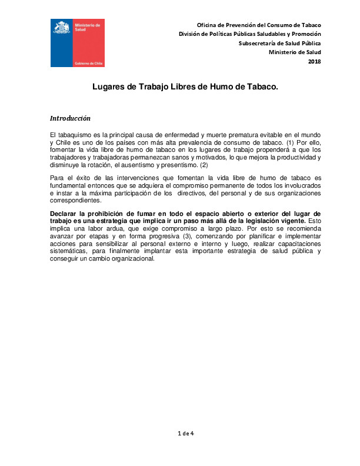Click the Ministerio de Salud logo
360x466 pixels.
pos(77,42)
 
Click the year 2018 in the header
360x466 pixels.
pos(315,61)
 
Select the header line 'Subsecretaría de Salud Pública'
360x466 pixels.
pos(279,44)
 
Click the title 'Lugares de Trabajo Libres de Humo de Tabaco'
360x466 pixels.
pos(185,86)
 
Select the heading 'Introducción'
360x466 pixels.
pos(70,118)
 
